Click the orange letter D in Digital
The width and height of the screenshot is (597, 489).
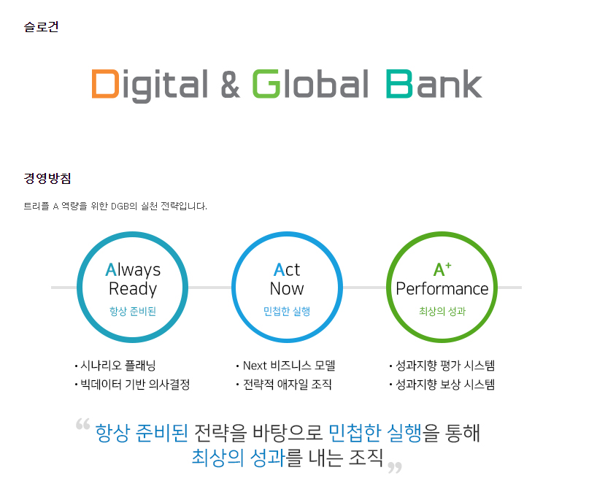coord(104,84)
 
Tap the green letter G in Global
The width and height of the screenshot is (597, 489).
coord(266,84)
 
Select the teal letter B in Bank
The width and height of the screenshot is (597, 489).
coord(399,84)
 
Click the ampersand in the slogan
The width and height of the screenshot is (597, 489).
coord(230,84)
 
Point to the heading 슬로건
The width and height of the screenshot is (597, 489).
coord(41,27)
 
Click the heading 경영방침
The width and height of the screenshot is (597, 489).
coord(47,178)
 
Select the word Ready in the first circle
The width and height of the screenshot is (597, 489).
coord(133,289)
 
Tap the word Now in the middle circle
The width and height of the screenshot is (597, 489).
coord(287,289)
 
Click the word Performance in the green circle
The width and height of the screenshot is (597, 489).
coord(442,289)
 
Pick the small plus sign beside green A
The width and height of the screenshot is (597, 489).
coord(448,265)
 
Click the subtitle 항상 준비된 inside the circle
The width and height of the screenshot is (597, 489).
coord(133,311)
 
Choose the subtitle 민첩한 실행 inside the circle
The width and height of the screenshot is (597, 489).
coord(287,311)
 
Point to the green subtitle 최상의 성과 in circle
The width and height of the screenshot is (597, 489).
coord(442,311)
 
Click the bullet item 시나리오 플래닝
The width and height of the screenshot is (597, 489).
coord(115,366)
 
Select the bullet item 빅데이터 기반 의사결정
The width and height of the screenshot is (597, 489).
coord(132,385)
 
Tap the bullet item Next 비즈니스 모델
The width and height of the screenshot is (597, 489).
coord(285,366)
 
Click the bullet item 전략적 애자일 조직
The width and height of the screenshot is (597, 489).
coord(284,385)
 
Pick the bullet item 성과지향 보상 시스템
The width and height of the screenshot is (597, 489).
coord(442,385)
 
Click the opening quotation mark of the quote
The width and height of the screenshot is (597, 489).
coord(82,424)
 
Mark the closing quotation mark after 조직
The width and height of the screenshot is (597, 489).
coord(395,467)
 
